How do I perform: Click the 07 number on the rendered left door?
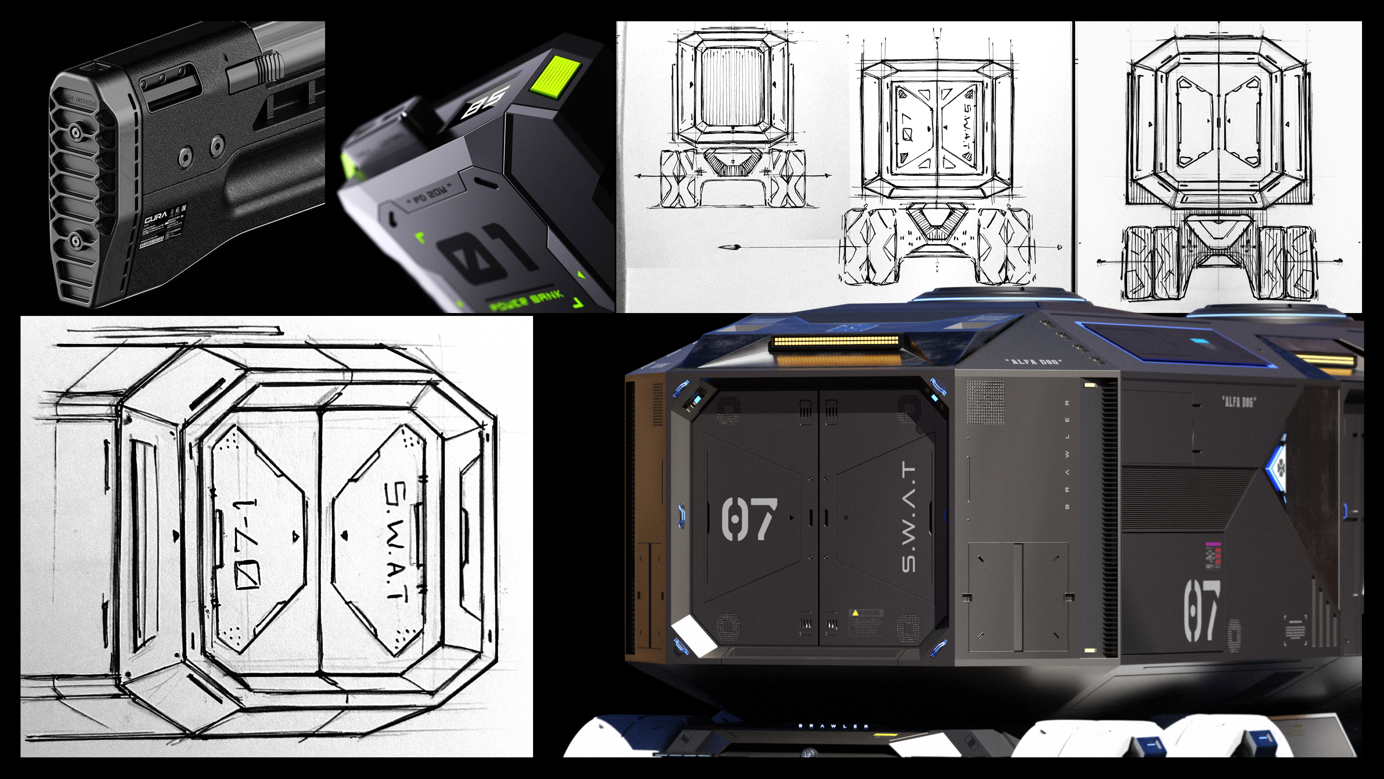click(749, 519)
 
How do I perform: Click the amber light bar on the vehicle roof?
click(837, 342)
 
